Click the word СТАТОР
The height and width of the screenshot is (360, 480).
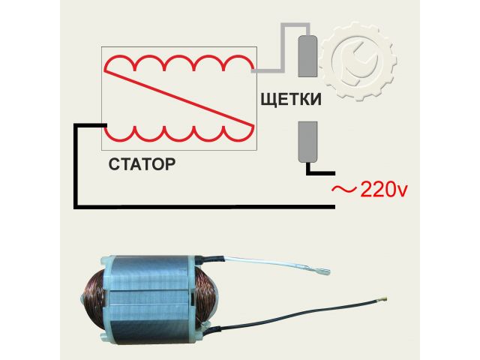click(x=142, y=162)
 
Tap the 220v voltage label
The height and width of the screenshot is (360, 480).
click(x=383, y=189)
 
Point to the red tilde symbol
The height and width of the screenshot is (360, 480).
click(x=344, y=190)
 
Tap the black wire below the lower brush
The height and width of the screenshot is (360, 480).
click(x=314, y=172)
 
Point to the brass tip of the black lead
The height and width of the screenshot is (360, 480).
click(x=384, y=301)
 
